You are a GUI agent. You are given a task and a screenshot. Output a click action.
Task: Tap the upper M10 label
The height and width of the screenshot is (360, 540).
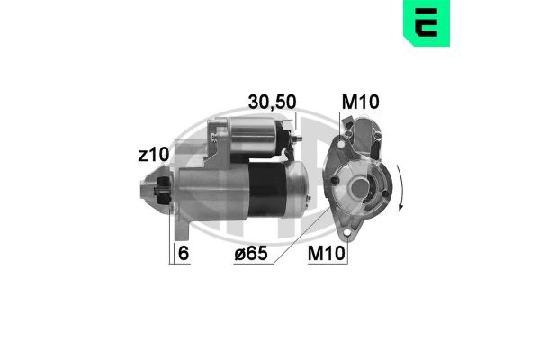(x=360, y=101)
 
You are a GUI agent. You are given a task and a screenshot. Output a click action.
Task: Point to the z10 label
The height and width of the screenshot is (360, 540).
(x=153, y=156)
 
